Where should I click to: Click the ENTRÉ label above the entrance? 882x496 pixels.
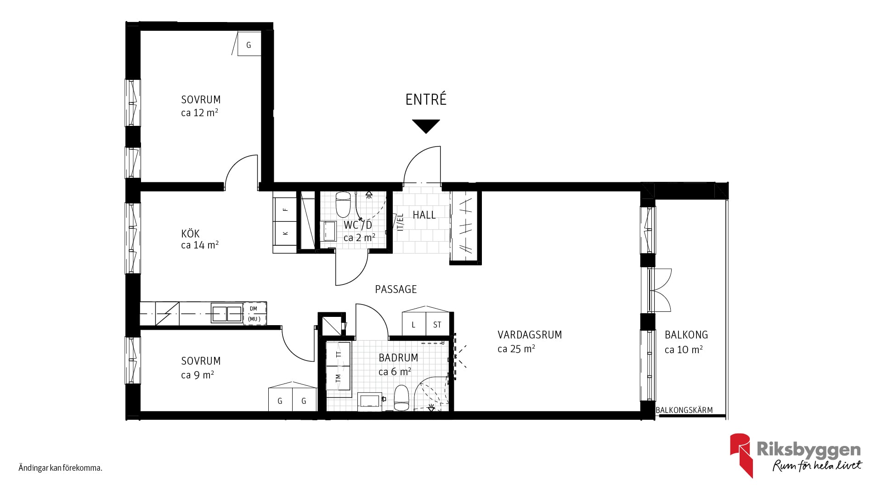pos(426,99)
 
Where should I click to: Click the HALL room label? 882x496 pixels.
pos(424,215)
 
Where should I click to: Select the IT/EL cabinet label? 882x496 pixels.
pos(400,222)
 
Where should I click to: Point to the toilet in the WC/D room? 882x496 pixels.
pos(343,204)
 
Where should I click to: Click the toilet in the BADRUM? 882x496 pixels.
pos(401,398)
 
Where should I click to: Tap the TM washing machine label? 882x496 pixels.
pos(339,378)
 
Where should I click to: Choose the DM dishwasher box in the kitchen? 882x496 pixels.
pos(254,314)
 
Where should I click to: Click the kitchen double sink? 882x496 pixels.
pos(226,313)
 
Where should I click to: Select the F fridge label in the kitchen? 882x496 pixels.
pos(285,209)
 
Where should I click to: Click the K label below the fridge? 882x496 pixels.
pos(285,233)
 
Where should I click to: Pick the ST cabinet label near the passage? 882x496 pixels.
pos(437,325)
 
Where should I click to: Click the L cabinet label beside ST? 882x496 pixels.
pos(413,325)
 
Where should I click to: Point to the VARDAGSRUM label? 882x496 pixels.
pos(530,335)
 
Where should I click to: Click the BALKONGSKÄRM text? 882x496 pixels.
pos(684,410)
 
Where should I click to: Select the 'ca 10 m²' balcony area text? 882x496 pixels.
pos(684,349)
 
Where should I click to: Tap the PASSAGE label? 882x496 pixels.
pos(396,289)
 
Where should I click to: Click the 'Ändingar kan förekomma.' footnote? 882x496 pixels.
pos(60,468)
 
